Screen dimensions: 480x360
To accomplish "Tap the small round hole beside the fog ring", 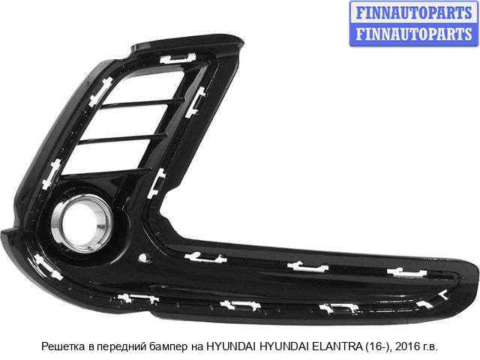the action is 143,258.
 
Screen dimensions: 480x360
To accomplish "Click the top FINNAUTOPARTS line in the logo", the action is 414,13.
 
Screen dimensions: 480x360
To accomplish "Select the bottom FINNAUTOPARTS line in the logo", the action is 414,34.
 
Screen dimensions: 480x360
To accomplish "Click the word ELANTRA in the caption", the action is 337,346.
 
